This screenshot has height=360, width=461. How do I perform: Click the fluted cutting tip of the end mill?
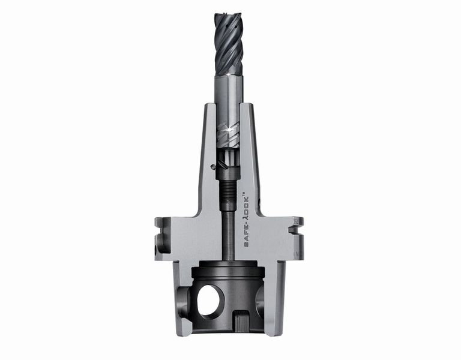229,44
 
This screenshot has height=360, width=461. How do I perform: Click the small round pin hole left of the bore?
213,167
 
